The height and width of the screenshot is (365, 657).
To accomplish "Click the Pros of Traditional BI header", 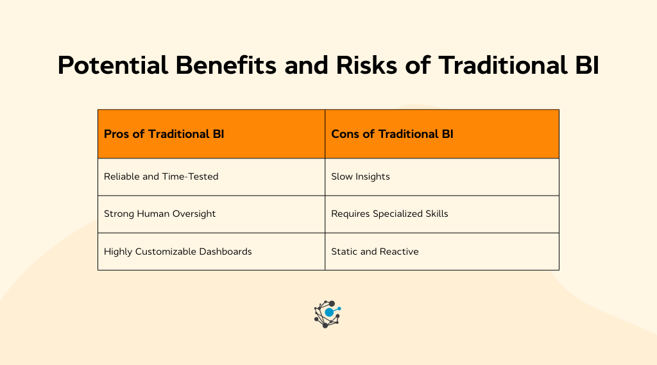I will pos(164,134).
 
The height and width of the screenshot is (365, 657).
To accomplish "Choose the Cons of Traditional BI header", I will pos(392,134).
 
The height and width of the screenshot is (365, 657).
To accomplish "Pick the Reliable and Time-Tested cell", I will pos(161,176).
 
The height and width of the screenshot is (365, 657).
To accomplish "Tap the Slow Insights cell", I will pos(360,176).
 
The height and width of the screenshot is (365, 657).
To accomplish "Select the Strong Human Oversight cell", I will pos(160,214).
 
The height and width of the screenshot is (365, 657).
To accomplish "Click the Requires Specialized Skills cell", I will pos(389,214).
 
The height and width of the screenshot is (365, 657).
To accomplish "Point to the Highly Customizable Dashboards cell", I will pos(178,251).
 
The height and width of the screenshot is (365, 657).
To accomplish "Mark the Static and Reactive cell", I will pos(375,251).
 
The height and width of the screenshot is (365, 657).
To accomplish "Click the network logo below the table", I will pos(327,314).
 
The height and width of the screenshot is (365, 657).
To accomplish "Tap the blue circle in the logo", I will pos(330,312).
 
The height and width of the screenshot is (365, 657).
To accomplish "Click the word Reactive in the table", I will pos(399,251).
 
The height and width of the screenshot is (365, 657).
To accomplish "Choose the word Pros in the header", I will pos(115,134).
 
